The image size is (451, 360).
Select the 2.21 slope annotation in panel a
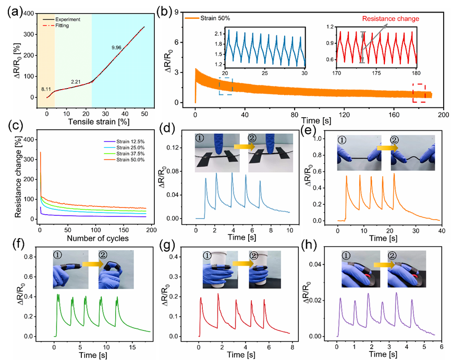point(78,81)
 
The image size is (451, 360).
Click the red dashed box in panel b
point(421,93)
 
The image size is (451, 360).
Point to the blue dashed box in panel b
point(225,86)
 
